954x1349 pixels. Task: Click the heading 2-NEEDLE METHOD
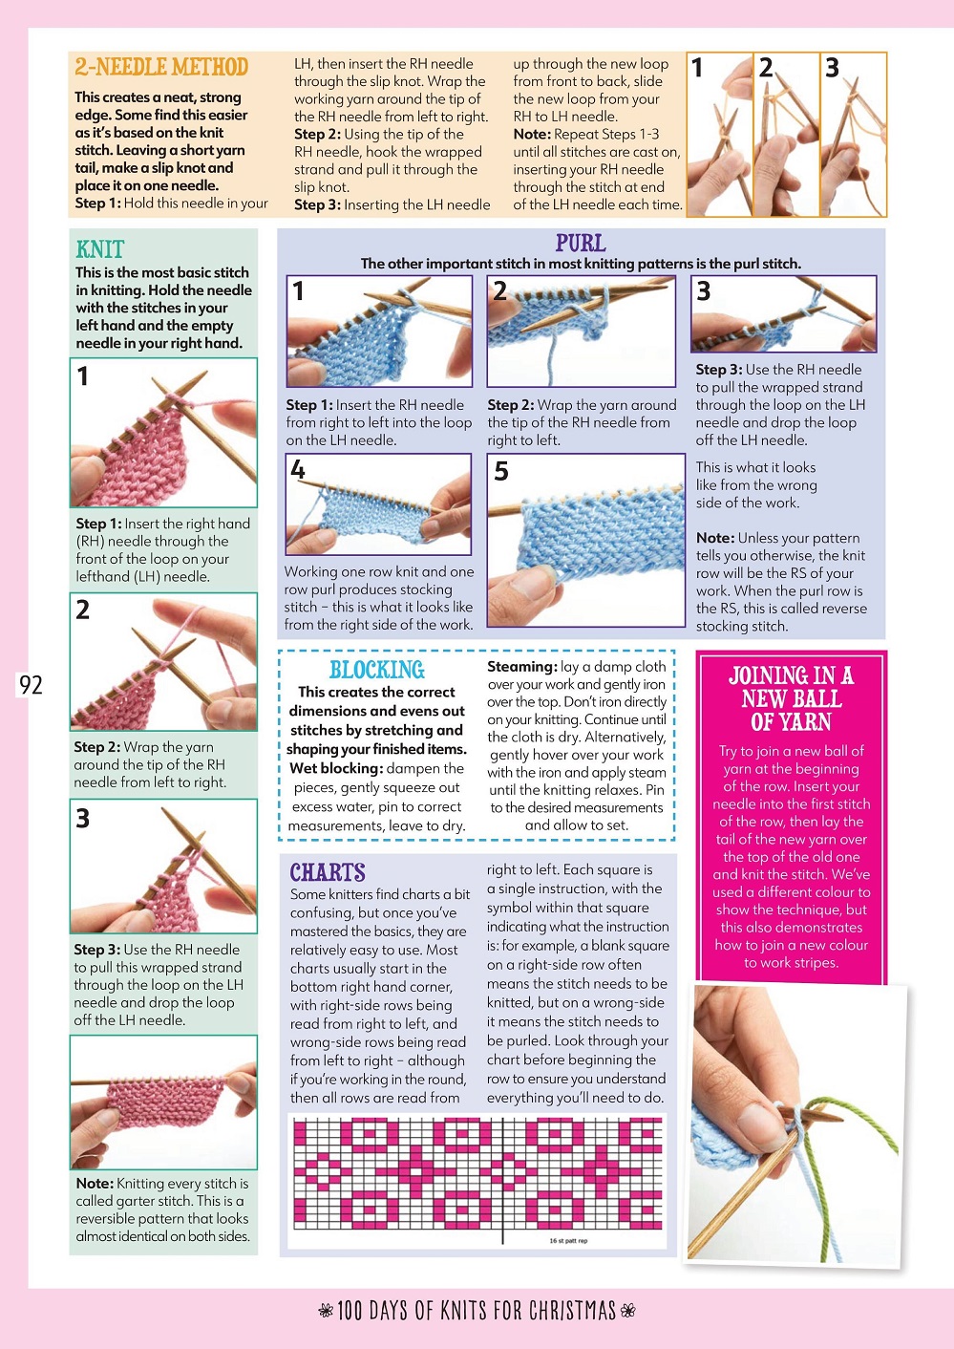[161, 67]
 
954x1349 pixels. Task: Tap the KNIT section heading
[100, 249]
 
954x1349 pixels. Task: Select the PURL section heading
[581, 243]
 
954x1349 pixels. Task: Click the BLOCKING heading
[377, 670]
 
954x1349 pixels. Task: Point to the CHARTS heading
[328, 872]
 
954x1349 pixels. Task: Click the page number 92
[31, 685]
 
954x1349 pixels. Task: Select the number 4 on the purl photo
[298, 469]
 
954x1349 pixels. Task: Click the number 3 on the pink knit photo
[83, 818]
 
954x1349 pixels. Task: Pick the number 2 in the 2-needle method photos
[766, 68]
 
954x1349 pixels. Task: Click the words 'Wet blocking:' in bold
[336, 768]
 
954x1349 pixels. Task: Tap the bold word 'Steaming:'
[521, 667]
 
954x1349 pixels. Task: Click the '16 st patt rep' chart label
[568, 1241]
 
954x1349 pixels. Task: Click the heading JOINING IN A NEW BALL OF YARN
[791, 698]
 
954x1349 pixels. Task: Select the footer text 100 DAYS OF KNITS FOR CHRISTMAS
[477, 1311]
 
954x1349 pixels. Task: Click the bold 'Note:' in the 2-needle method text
[532, 135]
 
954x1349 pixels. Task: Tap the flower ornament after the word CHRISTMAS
[627, 1311]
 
